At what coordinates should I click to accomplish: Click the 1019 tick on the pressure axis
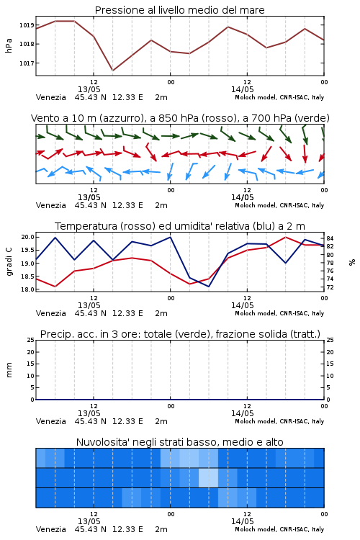26,25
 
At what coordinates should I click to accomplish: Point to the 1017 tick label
26,63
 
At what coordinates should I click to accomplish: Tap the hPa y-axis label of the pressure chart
9,45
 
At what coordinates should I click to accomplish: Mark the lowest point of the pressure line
112,71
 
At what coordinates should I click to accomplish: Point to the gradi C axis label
9,262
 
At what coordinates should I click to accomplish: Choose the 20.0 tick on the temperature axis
27,237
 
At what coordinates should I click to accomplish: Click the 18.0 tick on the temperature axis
27,289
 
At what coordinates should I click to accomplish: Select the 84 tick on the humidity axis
330,238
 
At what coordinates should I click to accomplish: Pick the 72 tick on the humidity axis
330,287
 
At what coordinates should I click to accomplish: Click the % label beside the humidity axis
352,262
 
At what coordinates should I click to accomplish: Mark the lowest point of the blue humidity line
209,287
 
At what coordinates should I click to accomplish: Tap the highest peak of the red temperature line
285,237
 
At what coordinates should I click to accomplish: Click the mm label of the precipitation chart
9,370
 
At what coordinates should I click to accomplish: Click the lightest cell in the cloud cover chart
208,477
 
